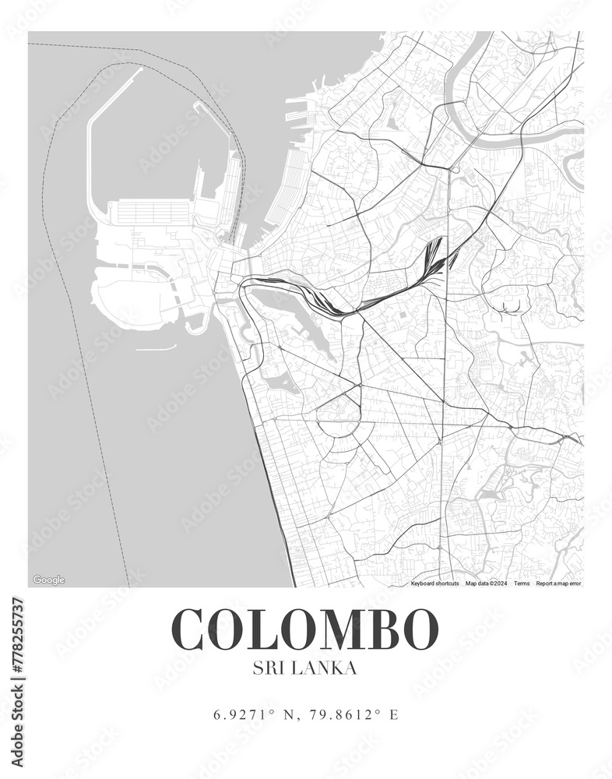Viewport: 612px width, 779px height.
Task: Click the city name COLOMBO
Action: click(x=304, y=629)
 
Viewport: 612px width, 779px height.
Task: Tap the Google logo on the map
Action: click(x=48, y=580)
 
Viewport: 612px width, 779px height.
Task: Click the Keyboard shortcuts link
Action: click(x=434, y=583)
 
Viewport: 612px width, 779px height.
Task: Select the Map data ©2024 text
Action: click(x=487, y=583)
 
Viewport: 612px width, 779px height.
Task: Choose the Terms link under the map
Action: click(x=522, y=583)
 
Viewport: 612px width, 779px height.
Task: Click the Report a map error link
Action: click(x=558, y=583)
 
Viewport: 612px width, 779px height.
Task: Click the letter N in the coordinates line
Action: click(x=288, y=714)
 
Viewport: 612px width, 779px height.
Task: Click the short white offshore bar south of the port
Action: click(x=156, y=348)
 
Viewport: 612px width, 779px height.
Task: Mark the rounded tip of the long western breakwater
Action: click(x=141, y=69)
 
